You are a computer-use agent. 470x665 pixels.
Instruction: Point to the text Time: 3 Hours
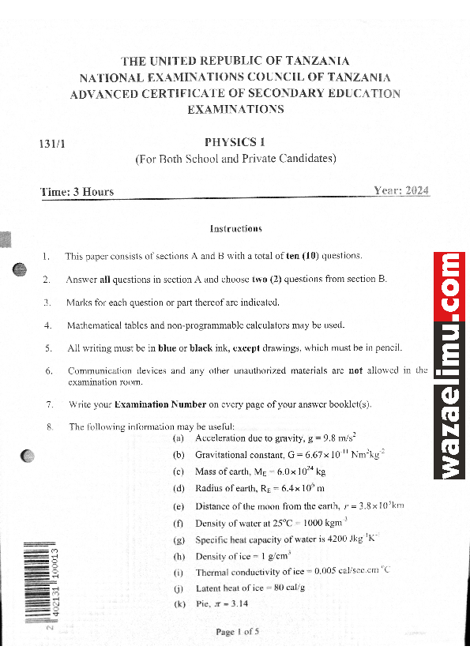77,192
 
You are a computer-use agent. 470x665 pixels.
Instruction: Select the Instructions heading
235,229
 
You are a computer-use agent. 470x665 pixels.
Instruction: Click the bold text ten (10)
304,256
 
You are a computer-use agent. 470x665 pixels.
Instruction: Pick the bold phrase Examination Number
160,405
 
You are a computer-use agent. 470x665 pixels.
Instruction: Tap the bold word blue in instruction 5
167,348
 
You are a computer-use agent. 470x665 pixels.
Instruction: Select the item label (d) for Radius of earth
179,489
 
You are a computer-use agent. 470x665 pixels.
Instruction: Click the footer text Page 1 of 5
237,632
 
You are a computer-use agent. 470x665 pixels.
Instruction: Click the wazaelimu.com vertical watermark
452,366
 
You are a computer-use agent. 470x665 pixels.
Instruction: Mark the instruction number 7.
49,405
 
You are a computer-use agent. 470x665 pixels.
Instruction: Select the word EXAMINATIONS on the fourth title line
235,110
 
